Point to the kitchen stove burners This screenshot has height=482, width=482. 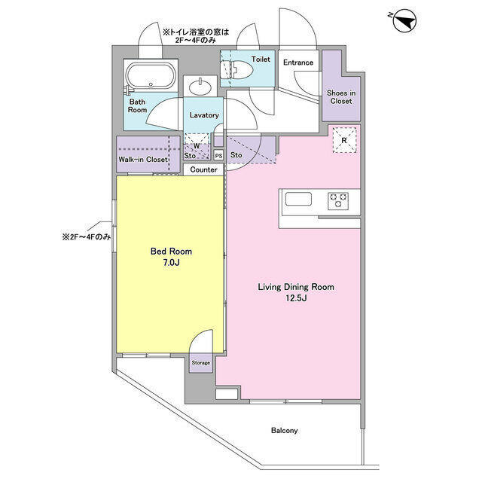tap(337, 200)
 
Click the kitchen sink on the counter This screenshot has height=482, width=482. tap(297, 200)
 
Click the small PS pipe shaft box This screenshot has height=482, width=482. tap(218, 156)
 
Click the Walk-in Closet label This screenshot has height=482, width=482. tap(142, 160)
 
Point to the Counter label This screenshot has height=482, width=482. tap(203, 170)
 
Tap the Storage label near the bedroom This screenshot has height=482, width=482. tap(200, 363)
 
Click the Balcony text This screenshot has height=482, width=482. tap(285, 431)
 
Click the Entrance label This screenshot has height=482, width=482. tap(298, 63)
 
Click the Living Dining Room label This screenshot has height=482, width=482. tap(296, 287)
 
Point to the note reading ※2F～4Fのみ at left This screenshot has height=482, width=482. tap(87, 236)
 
